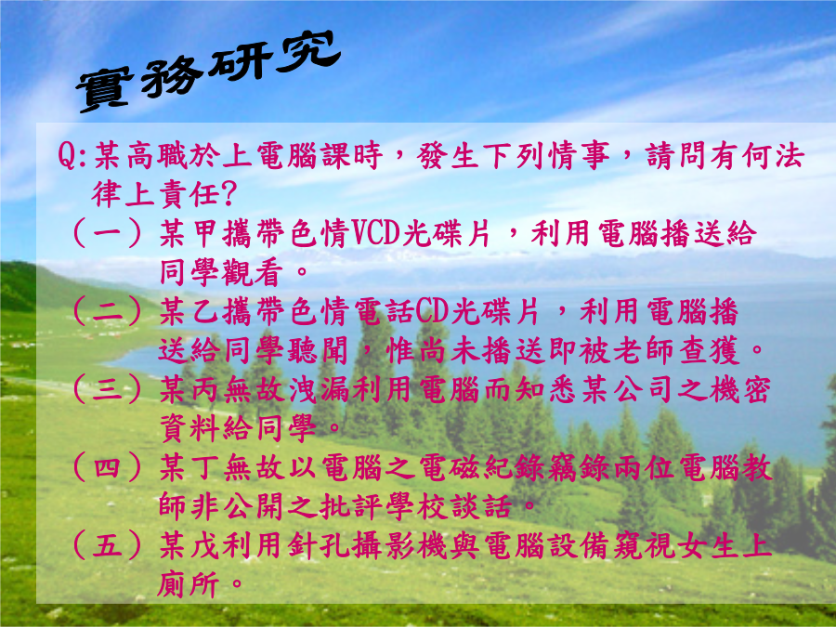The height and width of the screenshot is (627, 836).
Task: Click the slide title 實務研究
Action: click(208, 71)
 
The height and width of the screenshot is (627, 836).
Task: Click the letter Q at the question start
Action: click(68, 156)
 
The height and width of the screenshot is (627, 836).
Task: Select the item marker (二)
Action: click(107, 311)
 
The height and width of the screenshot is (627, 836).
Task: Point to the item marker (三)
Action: click(107, 390)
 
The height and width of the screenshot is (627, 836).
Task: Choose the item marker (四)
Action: click(107, 468)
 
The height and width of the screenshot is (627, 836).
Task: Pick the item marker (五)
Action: click(107, 546)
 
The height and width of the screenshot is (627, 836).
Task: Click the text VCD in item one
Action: click(376, 233)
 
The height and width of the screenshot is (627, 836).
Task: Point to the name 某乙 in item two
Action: click(189, 312)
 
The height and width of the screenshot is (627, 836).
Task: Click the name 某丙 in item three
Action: click(189, 390)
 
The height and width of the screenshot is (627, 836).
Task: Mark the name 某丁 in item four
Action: click(189, 469)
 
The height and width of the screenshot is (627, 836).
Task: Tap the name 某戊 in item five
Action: click(189, 547)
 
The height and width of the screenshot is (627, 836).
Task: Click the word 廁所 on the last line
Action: click(189, 585)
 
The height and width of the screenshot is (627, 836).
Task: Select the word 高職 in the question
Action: click(157, 156)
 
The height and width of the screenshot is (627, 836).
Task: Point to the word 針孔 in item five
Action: click(319, 547)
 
